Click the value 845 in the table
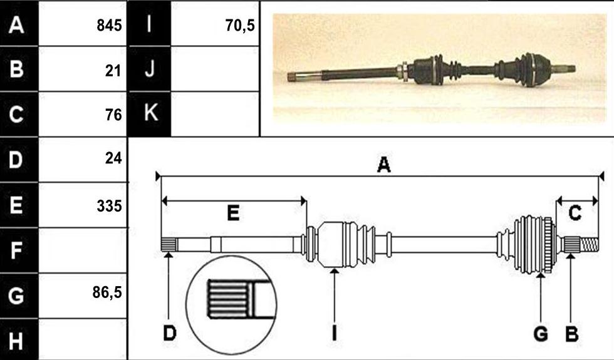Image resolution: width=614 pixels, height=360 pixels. pyautogui.click(x=109, y=26)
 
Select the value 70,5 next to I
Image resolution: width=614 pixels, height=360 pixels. pyautogui.click(x=240, y=26)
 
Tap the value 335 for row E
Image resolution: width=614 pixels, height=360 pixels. pyautogui.click(x=109, y=206)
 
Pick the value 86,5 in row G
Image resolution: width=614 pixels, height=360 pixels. pyautogui.click(x=107, y=292)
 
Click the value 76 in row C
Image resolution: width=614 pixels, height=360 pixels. pyautogui.click(x=113, y=115)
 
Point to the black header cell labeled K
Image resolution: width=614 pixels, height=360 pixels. pyautogui.click(x=150, y=114)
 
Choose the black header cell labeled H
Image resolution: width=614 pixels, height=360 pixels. pyautogui.click(x=19, y=339)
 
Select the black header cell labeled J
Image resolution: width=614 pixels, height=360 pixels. pyautogui.click(x=150, y=69)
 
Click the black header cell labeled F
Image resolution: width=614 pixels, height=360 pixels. pyautogui.click(x=19, y=250)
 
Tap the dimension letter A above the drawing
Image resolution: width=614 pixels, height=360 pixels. pyautogui.click(x=383, y=165)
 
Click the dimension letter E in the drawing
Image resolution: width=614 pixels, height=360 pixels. pyautogui.click(x=233, y=213)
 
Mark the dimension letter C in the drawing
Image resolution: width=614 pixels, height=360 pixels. pyautogui.click(x=575, y=213)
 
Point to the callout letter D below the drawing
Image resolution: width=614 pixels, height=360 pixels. pyautogui.click(x=170, y=333)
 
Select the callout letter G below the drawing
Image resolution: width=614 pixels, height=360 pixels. pyautogui.click(x=541, y=334)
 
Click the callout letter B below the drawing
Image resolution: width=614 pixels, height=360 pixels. pyautogui.click(x=571, y=334)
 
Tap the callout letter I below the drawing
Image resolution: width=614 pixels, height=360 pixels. pyautogui.click(x=334, y=333)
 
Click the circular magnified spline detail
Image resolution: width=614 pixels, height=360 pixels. pyautogui.click(x=231, y=305)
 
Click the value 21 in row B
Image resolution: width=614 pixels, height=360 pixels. pyautogui.click(x=113, y=71)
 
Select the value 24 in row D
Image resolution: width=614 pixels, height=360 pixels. pyautogui.click(x=113, y=158)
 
